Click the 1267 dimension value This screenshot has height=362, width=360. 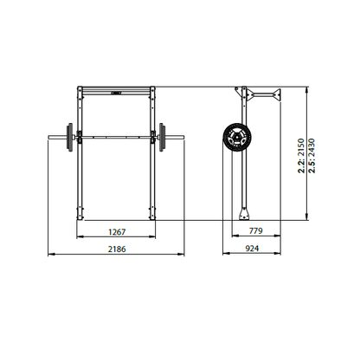click(117, 232)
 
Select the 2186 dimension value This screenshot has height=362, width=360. click(117, 249)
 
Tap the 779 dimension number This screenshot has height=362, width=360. click(256, 231)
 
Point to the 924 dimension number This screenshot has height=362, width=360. click(252, 249)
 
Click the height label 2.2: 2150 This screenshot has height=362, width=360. click(301, 156)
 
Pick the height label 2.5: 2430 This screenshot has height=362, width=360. click(312, 156)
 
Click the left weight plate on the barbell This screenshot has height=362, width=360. click(69, 137)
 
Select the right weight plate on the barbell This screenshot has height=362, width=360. click(162, 137)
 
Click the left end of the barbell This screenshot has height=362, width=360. click(48, 137)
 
